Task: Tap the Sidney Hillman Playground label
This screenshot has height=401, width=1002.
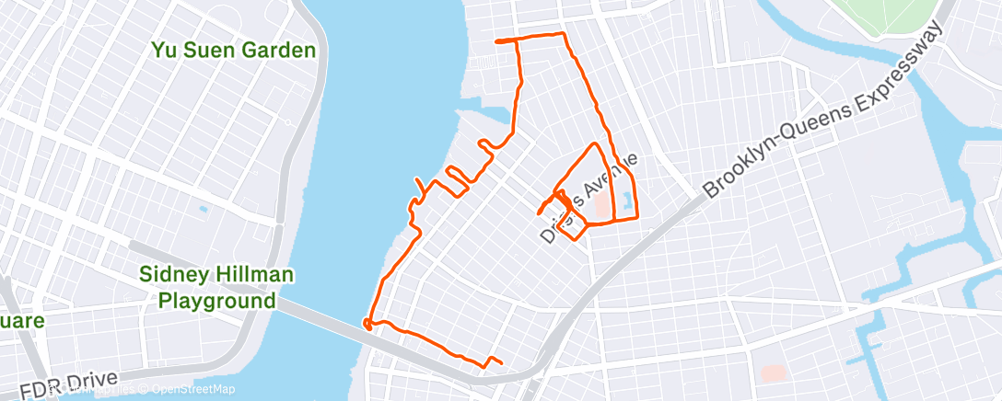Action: [207, 287]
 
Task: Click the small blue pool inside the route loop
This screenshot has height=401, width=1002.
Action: [626, 199]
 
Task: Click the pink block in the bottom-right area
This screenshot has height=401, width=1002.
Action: [773, 373]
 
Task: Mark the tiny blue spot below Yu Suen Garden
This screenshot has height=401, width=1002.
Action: [203, 208]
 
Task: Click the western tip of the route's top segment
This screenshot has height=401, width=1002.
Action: [498, 41]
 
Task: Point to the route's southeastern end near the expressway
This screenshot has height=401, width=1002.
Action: [501, 361]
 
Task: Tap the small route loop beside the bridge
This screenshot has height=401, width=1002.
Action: [367, 323]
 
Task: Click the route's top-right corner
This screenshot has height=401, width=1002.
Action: [562, 36]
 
